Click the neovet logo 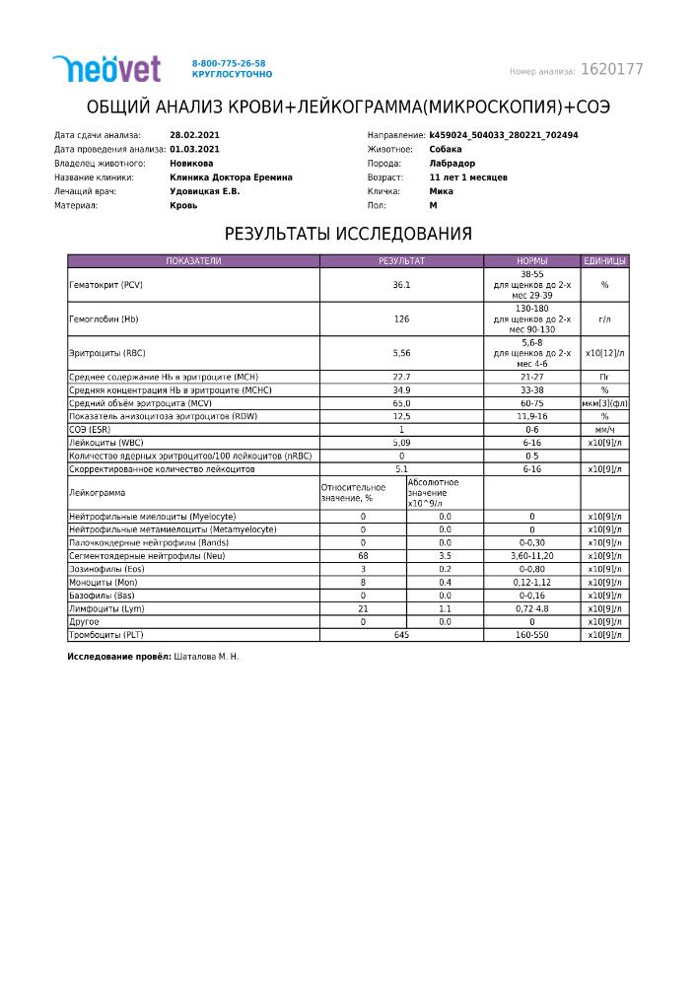coord(105,68)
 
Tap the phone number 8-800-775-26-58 coord(229,63)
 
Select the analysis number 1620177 coord(612,70)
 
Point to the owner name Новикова coord(191,164)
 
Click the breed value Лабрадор coord(453,164)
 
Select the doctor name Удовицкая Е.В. coord(205,191)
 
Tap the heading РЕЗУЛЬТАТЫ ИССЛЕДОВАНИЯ coord(348,235)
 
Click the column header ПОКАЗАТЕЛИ coord(193,261)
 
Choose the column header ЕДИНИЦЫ coord(604,261)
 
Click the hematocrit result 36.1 coord(401,285)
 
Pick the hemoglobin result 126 coord(401,318)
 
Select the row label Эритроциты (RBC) coord(100,352)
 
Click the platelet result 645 coord(401,635)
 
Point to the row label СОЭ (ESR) coord(89,430)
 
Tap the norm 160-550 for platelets coord(531,635)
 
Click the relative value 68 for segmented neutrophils coord(363,556)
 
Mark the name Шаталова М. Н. coord(206,656)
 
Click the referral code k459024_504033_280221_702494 coord(504,135)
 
